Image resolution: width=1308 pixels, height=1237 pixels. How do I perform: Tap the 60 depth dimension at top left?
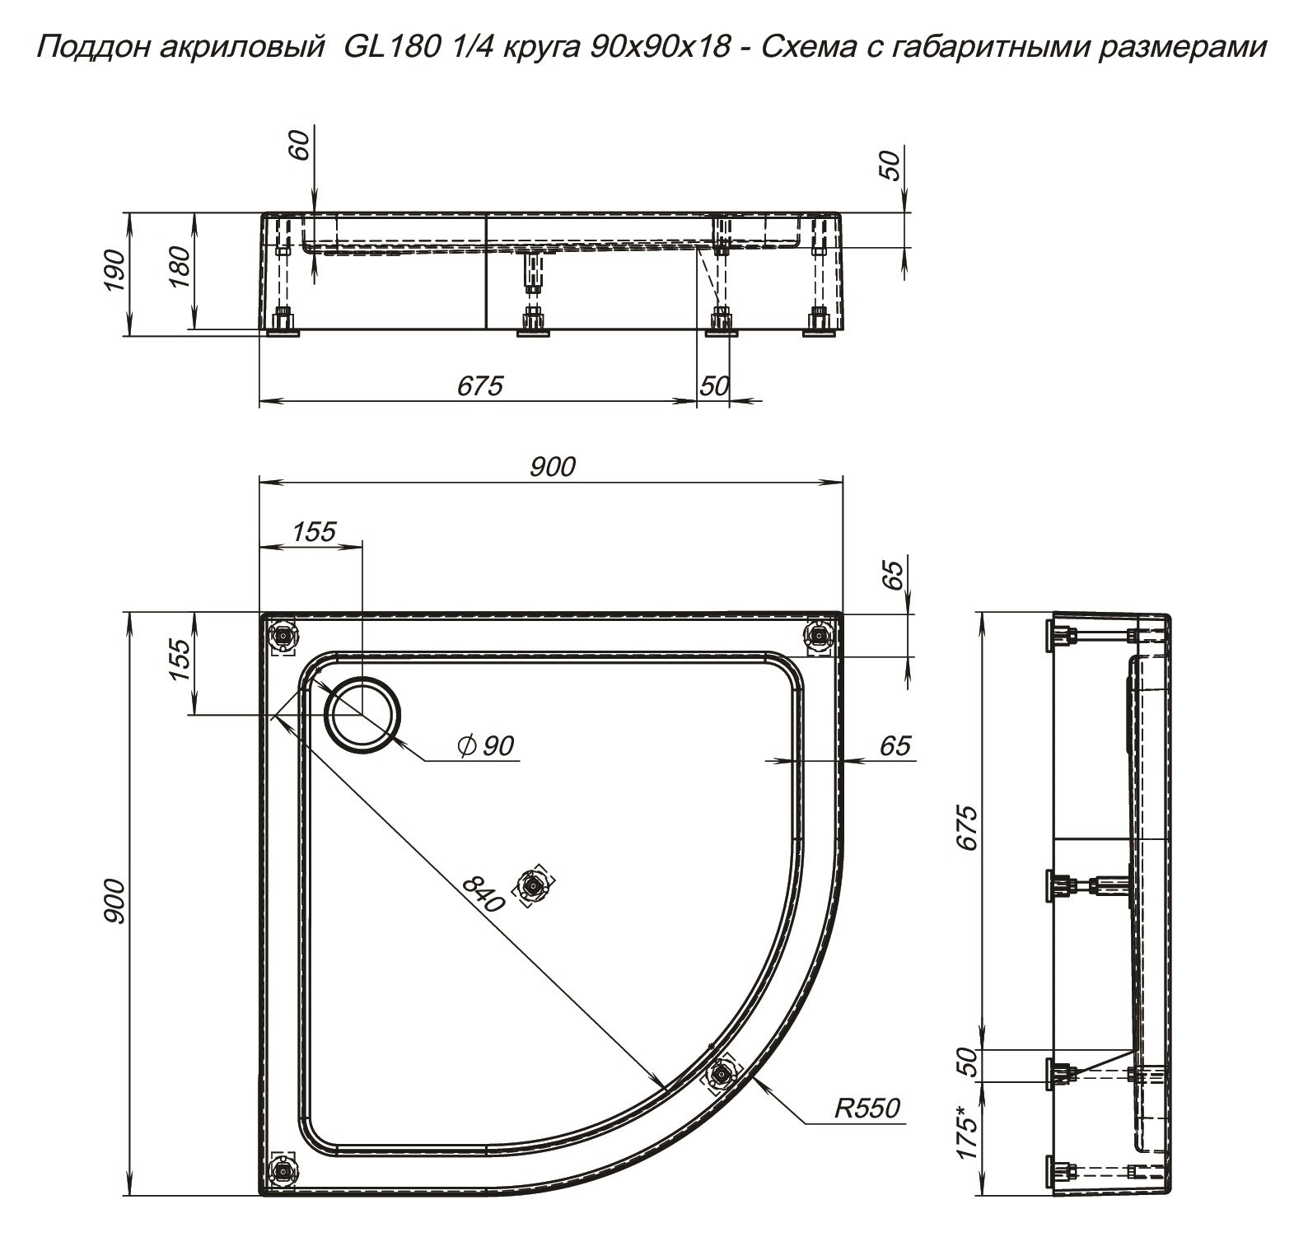pos(301,146)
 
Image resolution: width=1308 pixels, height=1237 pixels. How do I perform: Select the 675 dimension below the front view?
pos(479,385)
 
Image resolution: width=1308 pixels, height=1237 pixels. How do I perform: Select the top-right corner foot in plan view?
pos(819,636)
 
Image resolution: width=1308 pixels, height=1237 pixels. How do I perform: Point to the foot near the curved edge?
pos(722,1075)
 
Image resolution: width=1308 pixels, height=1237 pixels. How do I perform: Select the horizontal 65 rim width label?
pos(895,746)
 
